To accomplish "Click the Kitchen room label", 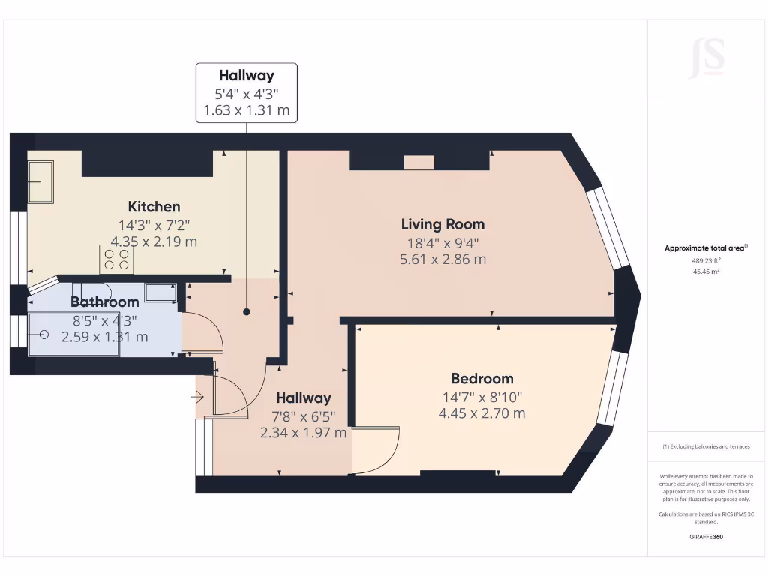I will [x=154, y=206].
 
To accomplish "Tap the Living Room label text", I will [x=442, y=223].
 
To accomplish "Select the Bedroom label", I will [x=481, y=378].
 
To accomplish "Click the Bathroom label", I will [x=104, y=301].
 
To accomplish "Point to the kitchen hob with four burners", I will [x=116, y=259].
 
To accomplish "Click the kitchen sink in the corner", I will [x=40, y=182].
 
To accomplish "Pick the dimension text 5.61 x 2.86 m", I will [x=442, y=259].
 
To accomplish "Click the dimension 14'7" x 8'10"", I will [x=481, y=397].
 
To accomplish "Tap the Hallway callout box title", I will [x=246, y=75].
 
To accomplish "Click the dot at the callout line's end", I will [x=247, y=311].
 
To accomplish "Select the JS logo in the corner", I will [x=706, y=58].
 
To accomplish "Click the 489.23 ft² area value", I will [x=706, y=260].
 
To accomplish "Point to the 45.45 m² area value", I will [x=706, y=271].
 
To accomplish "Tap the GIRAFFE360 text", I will [x=706, y=537].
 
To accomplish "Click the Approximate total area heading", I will [x=705, y=248].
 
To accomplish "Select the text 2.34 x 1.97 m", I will [x=303, y=432].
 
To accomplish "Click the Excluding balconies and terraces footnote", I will [x=706, y=446].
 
